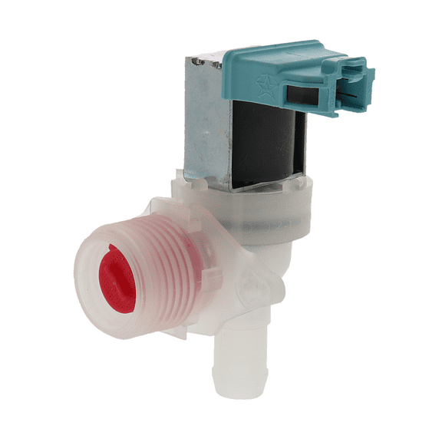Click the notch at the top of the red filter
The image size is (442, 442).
[110, 249]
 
